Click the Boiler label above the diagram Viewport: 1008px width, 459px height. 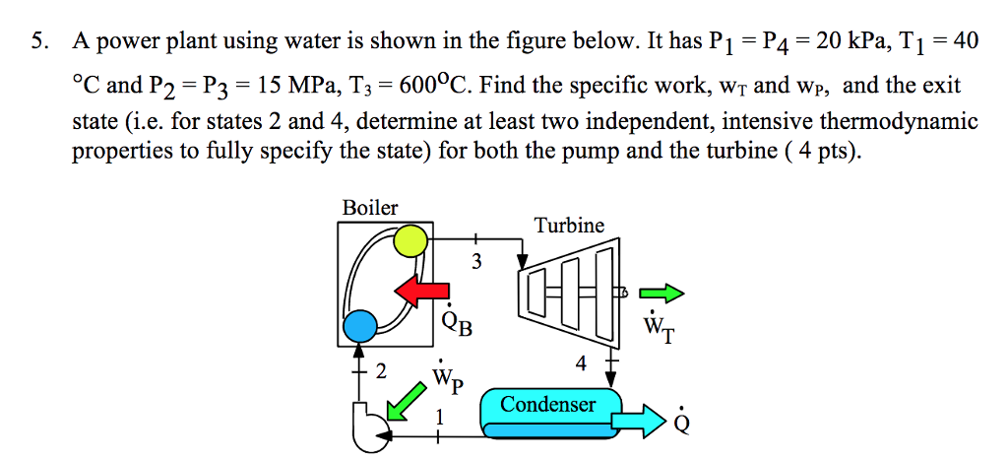pos(370,208)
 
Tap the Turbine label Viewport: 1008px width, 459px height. pos(569,226)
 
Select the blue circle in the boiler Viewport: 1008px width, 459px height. pos(360,323)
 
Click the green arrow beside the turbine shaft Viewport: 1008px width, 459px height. pos(661,293)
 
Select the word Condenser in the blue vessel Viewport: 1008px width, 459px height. pos(548,405)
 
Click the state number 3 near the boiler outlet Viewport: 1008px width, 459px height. pos(476,262)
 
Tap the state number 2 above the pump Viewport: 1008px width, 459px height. pos(381,372)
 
